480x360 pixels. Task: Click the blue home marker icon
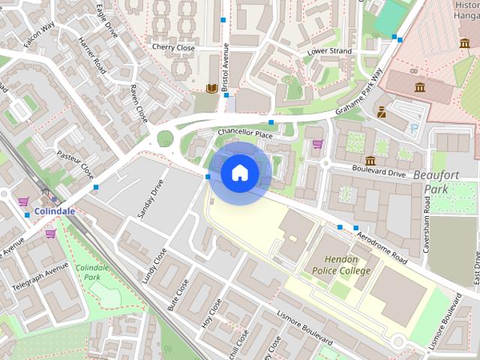[x=239, y=173]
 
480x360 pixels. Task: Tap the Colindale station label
[x=54, y=211]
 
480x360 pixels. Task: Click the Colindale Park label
[x=92, y=273]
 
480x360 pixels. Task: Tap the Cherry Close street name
[x=173, y=47]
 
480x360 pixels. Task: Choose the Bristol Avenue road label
[x=225, y=67]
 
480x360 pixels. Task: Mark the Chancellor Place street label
[x=244, y=133]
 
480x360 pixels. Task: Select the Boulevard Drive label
[x=379, y=172]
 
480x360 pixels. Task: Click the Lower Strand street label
[x=329, y=52]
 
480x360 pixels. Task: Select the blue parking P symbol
[x=415, y=129]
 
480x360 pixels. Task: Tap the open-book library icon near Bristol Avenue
[x=211, y=88]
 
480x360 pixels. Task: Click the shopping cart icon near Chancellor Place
[x=317, y=144]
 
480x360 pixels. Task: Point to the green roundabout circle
[x=164, y=138]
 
